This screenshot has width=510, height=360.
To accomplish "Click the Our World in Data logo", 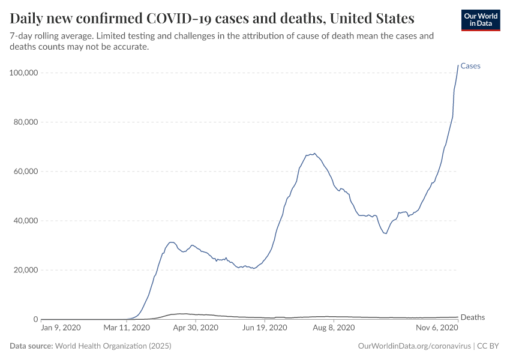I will click(x=480, y=20).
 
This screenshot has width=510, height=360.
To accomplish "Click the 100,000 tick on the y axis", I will click(x=23, y=73).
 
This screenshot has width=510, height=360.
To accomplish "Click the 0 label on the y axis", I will click(x=35, y=319).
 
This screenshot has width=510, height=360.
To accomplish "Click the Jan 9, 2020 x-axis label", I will click(x=61, y=328).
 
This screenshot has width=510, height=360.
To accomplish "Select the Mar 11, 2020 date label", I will click(x=127, y=328).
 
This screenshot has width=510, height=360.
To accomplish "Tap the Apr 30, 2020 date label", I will click(x=193, y=328).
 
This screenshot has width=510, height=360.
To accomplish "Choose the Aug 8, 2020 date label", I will click(x=334, y=328).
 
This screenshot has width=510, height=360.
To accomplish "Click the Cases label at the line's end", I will click(x=470, y=66).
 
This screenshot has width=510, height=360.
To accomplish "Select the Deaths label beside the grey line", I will click(x=472, y=317).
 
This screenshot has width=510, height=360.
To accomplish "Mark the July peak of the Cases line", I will click(x=314, y=154).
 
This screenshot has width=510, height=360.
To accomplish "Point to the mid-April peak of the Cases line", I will click(x=171, y=242).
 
